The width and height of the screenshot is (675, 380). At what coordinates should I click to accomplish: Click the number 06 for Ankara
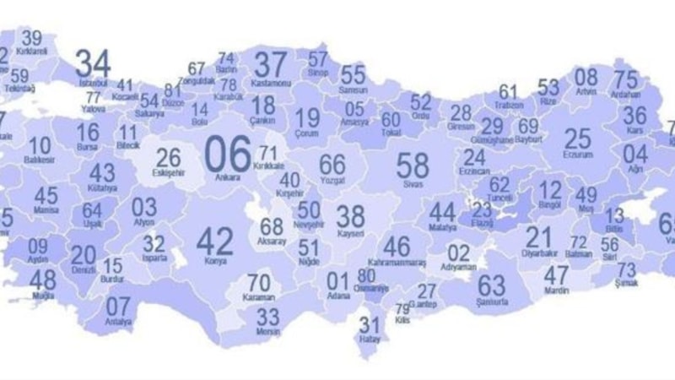point(229,154)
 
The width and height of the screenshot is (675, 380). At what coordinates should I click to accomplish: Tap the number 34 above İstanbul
point(93,63)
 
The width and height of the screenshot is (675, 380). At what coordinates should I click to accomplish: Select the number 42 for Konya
point(214,242)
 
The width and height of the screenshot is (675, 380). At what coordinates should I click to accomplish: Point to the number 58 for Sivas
point(413,163)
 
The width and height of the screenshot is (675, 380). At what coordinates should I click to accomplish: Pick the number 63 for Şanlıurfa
point(491,285)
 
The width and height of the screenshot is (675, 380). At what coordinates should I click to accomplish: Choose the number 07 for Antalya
point(118,306)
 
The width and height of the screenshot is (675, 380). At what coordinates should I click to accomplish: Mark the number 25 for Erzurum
point(578,138)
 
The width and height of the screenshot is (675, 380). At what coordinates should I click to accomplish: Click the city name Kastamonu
point(272,83)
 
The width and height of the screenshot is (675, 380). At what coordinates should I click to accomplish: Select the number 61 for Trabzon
point(508,91)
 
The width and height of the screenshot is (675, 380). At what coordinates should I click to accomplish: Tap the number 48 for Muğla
point(42,280)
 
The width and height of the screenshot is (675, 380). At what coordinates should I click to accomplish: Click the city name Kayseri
point(350,233)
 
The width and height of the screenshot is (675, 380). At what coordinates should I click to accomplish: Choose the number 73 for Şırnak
point(626,269)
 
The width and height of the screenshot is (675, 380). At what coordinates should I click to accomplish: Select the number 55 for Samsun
point(354,74)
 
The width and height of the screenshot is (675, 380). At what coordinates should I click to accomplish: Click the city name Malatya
point(441,228)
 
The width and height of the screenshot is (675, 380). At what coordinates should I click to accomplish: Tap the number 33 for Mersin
point(267,318)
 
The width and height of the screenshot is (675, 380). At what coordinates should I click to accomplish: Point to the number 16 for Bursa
point(88,133)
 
